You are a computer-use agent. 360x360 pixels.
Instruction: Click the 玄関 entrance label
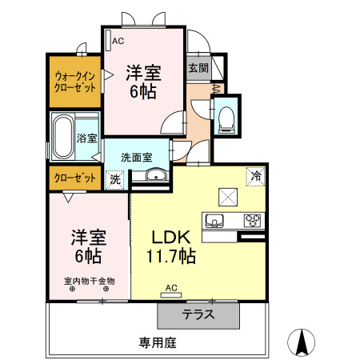[x=198, y=68]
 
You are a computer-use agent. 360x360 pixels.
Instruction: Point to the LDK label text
[x=169, y=238]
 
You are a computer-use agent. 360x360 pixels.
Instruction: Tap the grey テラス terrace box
[x=198, y=314]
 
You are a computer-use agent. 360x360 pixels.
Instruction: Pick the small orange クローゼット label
[x=76, y=178]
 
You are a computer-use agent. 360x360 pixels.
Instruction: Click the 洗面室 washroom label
[x=136, y=157]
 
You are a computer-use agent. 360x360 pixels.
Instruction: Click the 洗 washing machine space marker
[x=115, y=180]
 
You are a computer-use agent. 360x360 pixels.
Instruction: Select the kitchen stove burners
[x=253, y=219]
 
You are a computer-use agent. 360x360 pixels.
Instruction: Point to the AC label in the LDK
[x=170, y=287]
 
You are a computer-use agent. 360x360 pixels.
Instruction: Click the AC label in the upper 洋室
[x=118, y=41]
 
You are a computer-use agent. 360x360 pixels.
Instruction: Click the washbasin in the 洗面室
[x=154, y=176]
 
